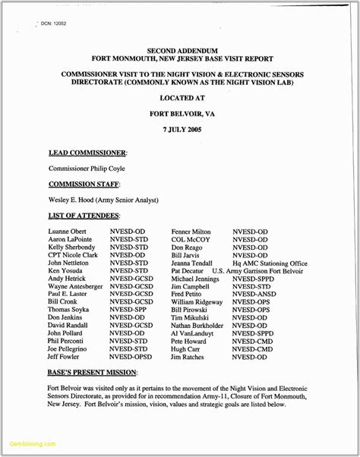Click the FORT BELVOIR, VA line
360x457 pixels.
coord(180,114)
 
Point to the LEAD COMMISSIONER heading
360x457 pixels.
coord(87,153)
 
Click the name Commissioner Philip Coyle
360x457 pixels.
coord(87,169)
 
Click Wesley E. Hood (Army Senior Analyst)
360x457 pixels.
coord(103,200)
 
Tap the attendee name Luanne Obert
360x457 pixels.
coord(68,231)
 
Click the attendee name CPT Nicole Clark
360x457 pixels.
coord(73,256)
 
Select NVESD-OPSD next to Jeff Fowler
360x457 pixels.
coord(131,357)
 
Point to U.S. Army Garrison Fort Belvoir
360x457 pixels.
coord(257,271)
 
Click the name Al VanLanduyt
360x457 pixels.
coord(195,333)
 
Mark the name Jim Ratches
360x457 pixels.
coord(188,357)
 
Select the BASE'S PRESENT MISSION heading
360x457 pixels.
coord(93,373)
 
